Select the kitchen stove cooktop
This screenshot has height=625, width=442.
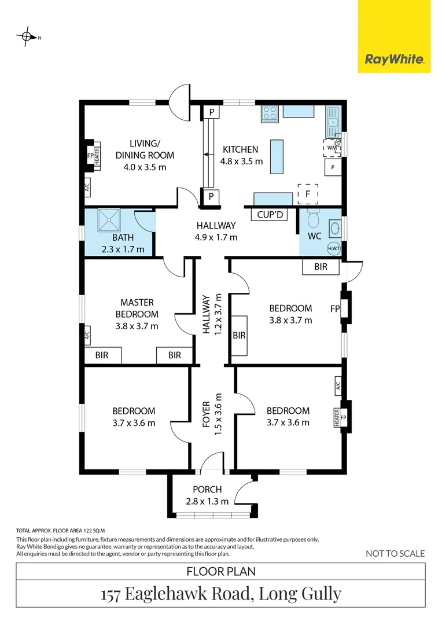[270, 113]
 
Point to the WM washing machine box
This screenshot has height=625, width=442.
[331, 148]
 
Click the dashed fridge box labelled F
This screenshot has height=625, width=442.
[308, 194]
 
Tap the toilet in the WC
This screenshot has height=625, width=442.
[314, 220]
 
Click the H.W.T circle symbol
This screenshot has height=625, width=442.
[334, 248]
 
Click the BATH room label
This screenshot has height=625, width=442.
[123, 237]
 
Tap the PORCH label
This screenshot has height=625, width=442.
[207, 490]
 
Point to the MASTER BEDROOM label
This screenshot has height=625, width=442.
[137, 308]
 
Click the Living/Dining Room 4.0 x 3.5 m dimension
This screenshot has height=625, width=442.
[145, 167]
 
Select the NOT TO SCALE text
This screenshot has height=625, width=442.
[395, 553]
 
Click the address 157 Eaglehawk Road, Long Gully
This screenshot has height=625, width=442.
[221, 594]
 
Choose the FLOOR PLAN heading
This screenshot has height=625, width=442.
[221, 572]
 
